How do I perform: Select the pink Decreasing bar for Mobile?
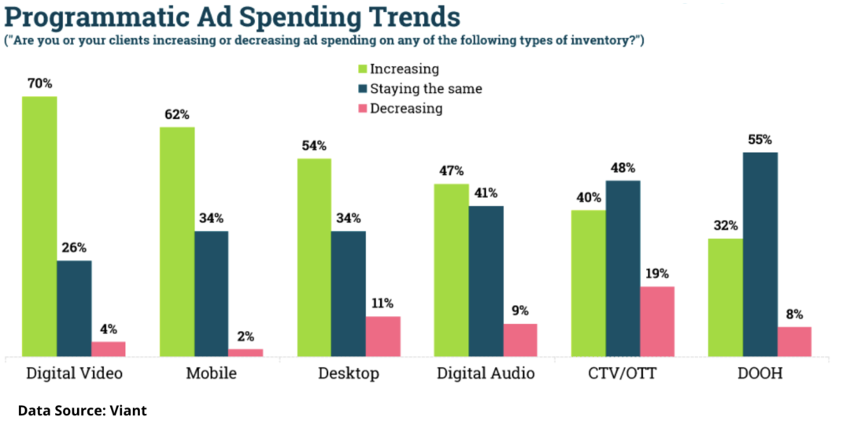(246, 352)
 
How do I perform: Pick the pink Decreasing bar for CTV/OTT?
(657, 321)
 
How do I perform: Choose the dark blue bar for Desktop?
(349, 293)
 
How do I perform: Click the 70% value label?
(39, 82)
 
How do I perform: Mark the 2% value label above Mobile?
(246, 337)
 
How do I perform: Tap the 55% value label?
(760, 139)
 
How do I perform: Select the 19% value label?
(657, 274)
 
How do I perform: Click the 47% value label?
(452, 171)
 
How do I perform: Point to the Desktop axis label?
(349, 373)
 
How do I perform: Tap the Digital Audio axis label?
(486, 373)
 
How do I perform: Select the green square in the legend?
(363, 69)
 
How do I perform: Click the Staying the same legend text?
(426, 89)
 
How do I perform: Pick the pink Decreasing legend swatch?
(363, 109)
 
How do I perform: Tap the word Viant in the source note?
(128, 410)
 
